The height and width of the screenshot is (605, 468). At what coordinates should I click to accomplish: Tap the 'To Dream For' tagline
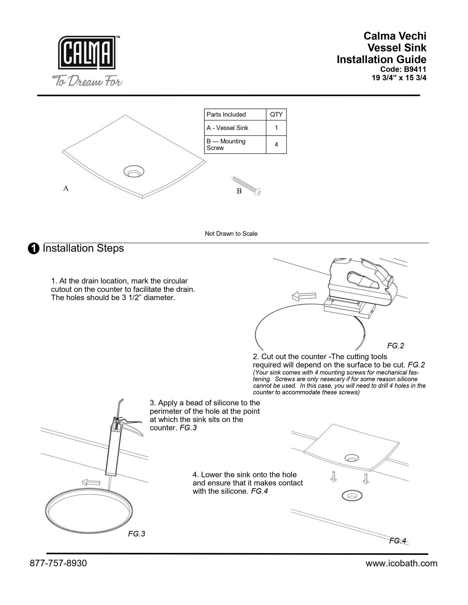87,81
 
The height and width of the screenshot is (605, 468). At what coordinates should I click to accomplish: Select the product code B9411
415,69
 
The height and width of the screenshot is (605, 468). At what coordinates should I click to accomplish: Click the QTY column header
276,114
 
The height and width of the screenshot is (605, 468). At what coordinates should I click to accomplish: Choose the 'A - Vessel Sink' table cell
235,128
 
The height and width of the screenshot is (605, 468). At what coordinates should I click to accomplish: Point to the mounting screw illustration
246,186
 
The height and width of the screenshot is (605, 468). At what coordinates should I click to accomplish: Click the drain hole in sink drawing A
134,171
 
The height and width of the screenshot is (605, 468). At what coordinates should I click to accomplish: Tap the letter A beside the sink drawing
66,188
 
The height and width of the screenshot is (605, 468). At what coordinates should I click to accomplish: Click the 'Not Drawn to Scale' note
231,234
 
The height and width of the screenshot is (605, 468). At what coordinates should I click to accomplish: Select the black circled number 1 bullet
33,249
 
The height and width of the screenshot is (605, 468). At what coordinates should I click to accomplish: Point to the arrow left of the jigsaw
304,296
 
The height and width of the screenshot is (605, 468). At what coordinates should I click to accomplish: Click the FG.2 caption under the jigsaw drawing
396,346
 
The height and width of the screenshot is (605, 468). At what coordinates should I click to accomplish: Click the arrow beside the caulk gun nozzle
91,482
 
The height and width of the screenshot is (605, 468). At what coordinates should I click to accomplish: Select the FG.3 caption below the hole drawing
136,534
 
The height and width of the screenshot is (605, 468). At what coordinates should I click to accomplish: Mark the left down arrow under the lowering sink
334,476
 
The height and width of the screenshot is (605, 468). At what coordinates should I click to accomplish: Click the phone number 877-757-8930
58,563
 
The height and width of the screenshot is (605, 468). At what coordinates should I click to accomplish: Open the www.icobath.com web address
402,563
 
